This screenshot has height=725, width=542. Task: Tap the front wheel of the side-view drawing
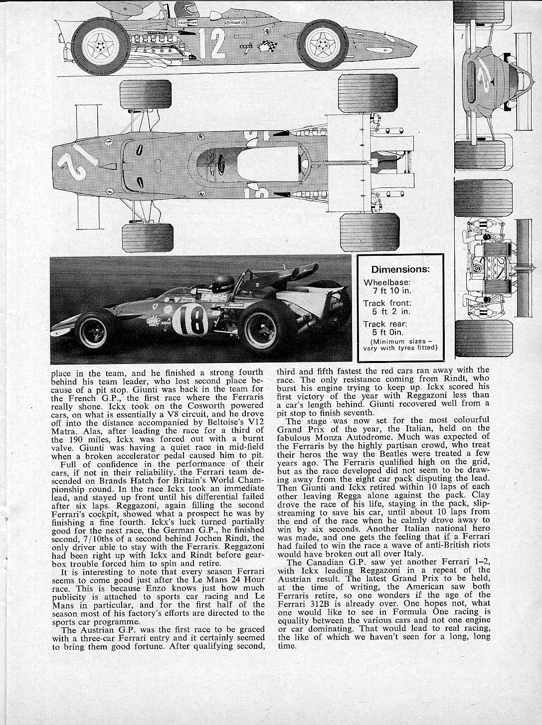(326, 44)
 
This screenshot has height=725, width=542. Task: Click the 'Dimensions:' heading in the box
(400, 269)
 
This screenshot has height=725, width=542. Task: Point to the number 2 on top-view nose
(77, 165)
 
